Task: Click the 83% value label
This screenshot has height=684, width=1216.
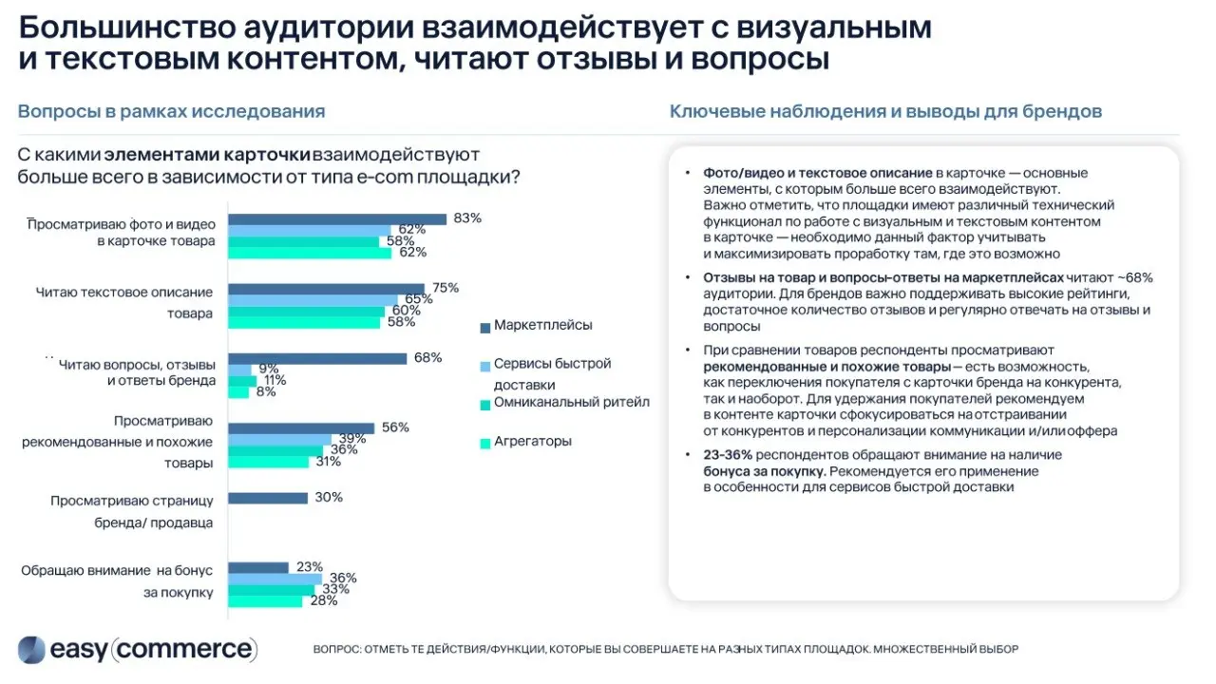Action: click(x=467, y=218)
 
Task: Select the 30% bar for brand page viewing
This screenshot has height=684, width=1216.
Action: click(x=268, y=498)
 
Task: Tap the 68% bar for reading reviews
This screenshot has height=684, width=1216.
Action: click(x=317, y=358)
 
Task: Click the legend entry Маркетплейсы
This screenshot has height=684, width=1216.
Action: click(x=542, y=326)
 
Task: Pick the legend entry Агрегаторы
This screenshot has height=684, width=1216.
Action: click(x=532, y=442)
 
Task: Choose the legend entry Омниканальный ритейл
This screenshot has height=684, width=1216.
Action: click(x=571, y=402)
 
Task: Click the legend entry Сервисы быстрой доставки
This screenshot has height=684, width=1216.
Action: click(x=552, y=374)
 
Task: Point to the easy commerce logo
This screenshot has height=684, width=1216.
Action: click(x=138, y=650)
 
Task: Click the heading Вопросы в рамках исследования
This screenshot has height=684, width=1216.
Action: click(x=171, y=111)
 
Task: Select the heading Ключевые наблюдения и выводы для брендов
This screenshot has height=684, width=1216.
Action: click(x=885, y=111)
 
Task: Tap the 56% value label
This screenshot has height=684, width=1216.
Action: click(x=394, y=427)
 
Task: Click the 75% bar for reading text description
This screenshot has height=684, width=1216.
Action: click(x=327, y=289)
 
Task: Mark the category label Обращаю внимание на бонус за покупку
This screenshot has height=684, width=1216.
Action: click(x=118, y=581)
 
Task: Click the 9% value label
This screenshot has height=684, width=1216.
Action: click(x=268, y=369)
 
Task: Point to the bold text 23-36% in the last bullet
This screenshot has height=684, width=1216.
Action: click(x=727, y=455)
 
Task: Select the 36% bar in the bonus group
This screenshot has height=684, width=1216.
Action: click(x=275, y=579)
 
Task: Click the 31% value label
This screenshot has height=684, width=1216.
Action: click(x=329, y=462)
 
